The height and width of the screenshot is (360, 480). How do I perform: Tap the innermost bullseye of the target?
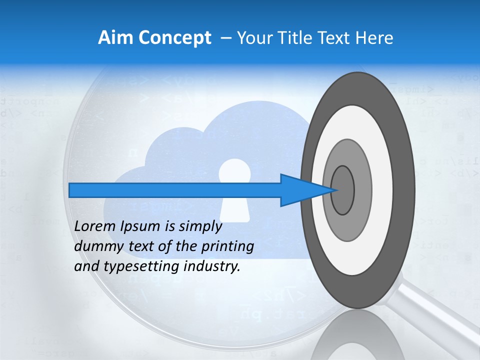click(x=342, y=190)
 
